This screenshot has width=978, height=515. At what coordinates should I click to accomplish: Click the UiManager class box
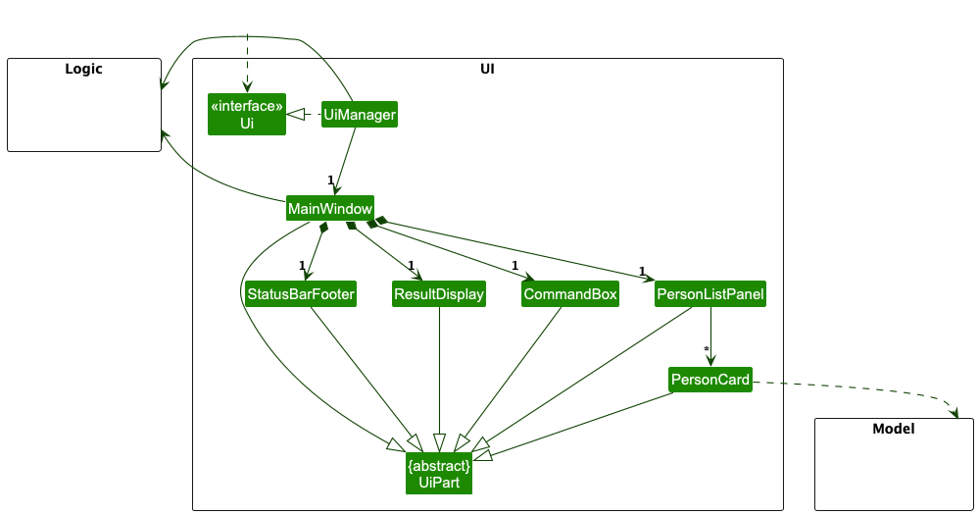(x=359, y=115)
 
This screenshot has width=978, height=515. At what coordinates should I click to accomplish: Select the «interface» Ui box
(x=246, y=115)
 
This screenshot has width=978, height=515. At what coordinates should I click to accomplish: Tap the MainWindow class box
(x=329, y=209)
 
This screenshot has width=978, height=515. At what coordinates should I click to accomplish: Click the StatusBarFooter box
(x=300, y=294)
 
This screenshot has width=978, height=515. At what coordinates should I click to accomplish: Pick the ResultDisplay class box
(x=439, y=294)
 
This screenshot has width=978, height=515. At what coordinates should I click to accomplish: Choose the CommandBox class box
(x=570, y=294)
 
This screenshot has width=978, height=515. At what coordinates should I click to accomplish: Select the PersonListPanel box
(x=710, y=294)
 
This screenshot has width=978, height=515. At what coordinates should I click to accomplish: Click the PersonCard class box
(x=710, y=380)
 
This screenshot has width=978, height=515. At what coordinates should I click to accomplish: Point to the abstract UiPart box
(x=439, y=472)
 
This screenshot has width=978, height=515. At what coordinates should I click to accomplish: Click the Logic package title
(x=83, y=70)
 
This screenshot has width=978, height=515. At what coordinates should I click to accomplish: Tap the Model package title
(x=893, y=430)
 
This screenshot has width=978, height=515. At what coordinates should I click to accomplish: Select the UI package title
(x=487, y=70)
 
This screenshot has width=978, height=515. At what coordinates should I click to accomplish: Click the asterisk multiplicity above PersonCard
(x=706, y=350)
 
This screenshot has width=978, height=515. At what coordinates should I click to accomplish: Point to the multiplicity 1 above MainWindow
(x=330, y=180)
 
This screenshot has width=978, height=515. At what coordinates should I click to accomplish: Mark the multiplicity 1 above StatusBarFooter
(x=303, y=265)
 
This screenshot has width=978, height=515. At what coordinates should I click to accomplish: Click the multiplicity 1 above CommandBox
(x=514, y=265)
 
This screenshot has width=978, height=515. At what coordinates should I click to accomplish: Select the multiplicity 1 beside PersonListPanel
(x=642, y=271)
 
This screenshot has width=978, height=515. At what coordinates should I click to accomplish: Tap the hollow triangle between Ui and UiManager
(x=296, y=115)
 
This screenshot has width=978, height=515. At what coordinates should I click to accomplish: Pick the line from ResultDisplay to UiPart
(x=439, y=373)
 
